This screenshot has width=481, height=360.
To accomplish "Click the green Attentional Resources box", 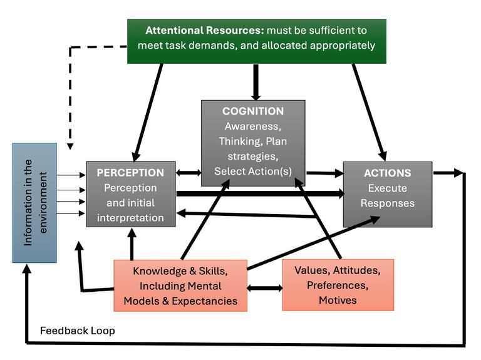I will click(257, 40).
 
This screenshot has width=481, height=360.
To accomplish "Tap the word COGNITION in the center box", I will click(253, 111).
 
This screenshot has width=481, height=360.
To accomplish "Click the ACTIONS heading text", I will click(388, 173).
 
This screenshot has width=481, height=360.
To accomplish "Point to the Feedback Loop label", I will click(78, 331).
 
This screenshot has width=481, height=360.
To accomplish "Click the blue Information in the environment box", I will click(34, 202).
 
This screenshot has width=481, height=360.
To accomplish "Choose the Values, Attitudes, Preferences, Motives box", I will click(338, 285).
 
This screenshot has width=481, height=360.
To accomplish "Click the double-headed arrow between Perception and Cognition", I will click(188, 171).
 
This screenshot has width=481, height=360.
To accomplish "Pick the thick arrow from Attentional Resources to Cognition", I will click(255, 81).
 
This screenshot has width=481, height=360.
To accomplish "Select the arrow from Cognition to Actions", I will click(324, 172).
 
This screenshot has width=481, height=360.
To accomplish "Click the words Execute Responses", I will click(388, 196).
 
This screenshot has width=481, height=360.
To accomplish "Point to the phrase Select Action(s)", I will click(253, 171).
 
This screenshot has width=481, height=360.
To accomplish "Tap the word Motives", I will click(338, 300).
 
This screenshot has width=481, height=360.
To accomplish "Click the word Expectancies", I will click(208, 301).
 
